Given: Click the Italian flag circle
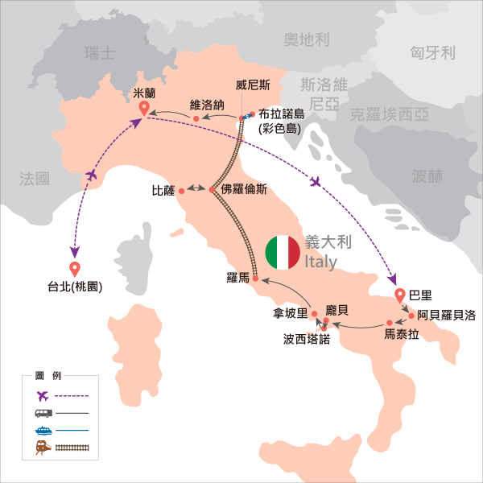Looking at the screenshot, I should (x=283, y=253).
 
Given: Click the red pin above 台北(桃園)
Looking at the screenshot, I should (x=75, y=269).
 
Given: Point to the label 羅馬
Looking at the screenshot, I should (x=238, y=279).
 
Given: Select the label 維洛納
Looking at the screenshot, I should (x=206, y=104).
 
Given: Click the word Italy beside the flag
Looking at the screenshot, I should (x=321, y=262).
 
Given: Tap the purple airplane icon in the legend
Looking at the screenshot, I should (x=43, y=395).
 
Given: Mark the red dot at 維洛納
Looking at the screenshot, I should (x=196, y=120).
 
